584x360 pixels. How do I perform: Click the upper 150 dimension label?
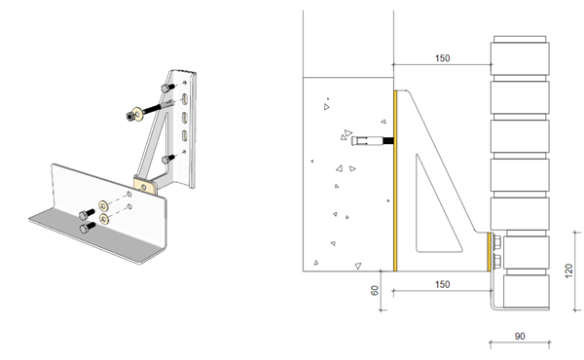(442, 58)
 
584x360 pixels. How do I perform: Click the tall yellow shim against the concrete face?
(394, 180)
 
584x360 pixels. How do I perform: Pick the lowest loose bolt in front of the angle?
(85, 226)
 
